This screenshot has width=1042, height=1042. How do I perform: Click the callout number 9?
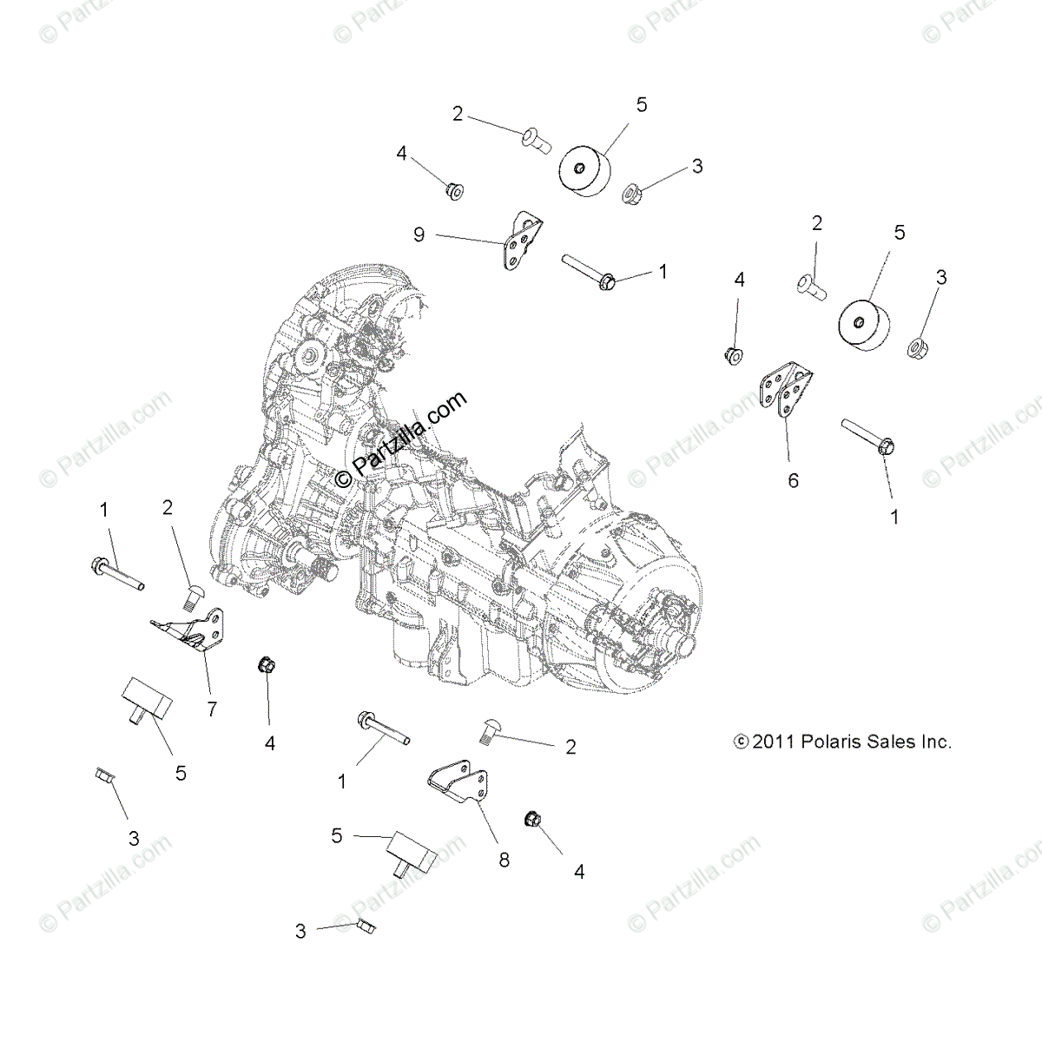click(419, 235)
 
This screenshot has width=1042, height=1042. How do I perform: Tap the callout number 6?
click(793, 479)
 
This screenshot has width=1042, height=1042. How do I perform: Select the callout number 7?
click(212, 709)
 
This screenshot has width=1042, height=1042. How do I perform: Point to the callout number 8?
click(504, 860)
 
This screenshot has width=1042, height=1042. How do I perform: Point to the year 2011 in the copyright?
click(771, 742)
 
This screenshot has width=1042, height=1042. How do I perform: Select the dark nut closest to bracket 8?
click(532, 819)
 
